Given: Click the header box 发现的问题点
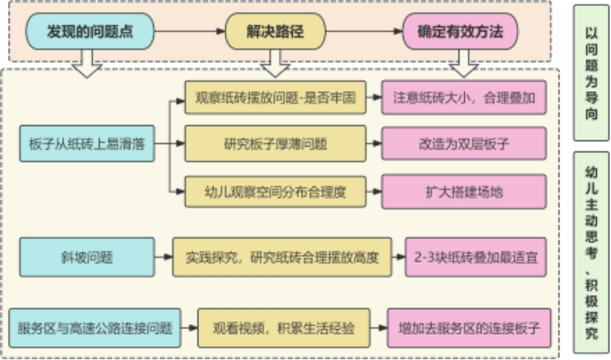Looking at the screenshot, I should click(90, 33).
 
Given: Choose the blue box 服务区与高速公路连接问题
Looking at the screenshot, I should click(95, 327).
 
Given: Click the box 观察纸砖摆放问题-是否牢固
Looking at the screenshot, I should click(275, 99).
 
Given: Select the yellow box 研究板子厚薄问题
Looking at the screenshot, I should click(275, 144).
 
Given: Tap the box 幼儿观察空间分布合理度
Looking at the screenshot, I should click(275, 190).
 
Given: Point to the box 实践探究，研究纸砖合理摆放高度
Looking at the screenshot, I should click(282, 257).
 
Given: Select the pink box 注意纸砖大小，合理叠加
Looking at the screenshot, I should click(464, 99).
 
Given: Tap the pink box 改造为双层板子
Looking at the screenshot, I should click(464, 144).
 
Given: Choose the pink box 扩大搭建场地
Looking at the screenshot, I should click(464, 190).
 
